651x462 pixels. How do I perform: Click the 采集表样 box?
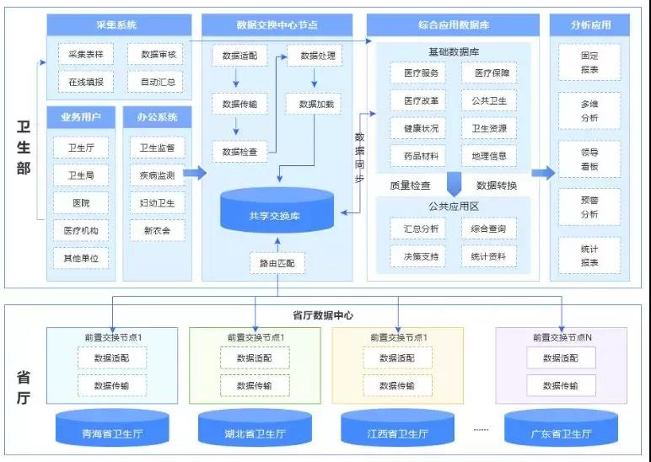point(85,54)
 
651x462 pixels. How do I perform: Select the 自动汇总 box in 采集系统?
point(155,82)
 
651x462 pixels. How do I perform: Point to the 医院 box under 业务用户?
point(80,203)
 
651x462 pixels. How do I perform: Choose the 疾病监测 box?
point(157,175)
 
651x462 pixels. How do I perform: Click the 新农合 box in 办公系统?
point(157,230)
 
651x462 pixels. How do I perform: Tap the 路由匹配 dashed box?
point(277,264)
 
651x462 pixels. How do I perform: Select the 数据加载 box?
point(315,104)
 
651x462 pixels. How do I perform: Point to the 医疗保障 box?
point(489,73)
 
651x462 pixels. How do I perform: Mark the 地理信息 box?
point(489,156)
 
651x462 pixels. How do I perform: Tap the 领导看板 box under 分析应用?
point(589,158)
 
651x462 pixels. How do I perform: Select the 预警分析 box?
point(589,207)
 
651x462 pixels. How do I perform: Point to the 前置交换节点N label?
point(562,337)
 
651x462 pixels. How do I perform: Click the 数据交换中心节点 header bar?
point(277,25)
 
